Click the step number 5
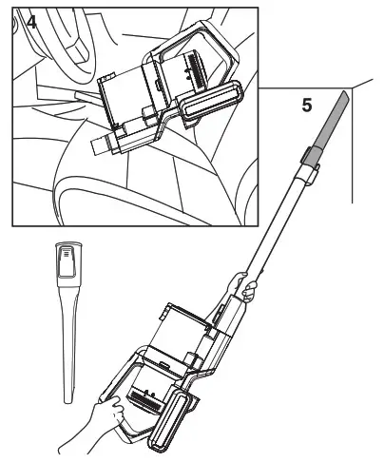pos(306,106)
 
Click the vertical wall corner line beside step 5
pos(353,152)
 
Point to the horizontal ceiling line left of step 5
pos(276,88)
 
